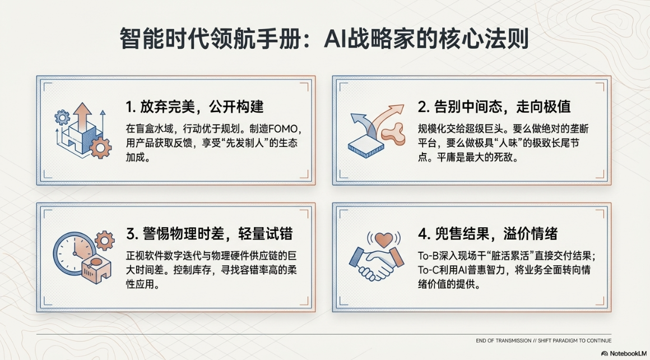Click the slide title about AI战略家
[x=324, y=39]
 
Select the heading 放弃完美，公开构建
[x=195, y=107]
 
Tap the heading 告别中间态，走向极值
[x=494, y=107]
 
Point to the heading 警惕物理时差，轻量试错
[x=210, y=234]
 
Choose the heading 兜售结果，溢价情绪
[x=487, y=234]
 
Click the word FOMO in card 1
[x=285, y=129]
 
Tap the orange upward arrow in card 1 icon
[x=83, y=116]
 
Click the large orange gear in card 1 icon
[x=100, y=147]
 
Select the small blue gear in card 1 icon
[x=62, y=117]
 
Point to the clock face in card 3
[x=74, y=253]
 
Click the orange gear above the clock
[x=104, y=241]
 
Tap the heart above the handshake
[x=383, y=240]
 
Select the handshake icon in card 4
[x=377, y=263]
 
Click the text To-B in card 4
[x=428, y=256]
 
